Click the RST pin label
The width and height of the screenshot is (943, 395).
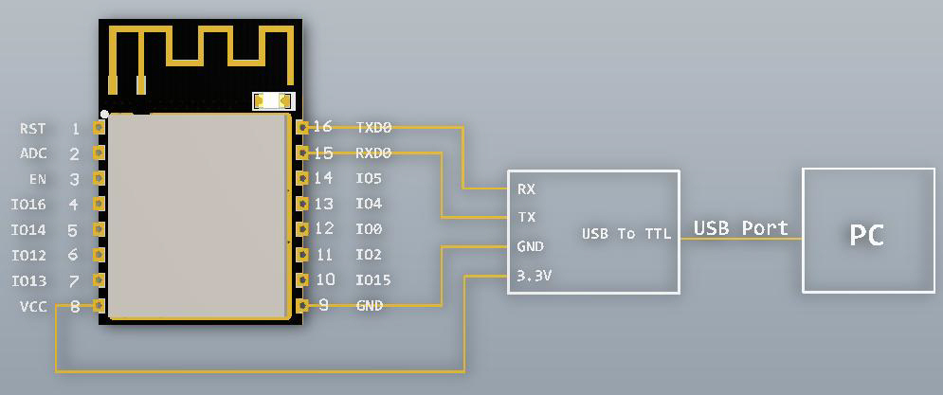pyautogui.click(x=32, y=128)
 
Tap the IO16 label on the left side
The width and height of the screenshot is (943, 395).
pyautogui.click(x=28, y=205)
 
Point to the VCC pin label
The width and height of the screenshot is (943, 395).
pyautogui.click(x=32, y=307)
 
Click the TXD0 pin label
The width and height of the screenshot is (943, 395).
pyautogui.click(x=373, y=127)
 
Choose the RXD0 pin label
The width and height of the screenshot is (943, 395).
pyautogui.click(x=373, y=153)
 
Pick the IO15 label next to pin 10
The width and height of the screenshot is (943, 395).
pyautogui.click(x=373, y=280)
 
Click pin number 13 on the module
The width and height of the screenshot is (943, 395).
pyautogui.click(x=323, y=204)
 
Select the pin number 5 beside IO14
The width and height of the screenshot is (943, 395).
pyautogui.click(x=73, y=230)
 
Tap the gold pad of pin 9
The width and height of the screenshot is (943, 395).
pyautogui.click(x=302, y=305)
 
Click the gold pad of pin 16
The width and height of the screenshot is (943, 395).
pyautogui.click(x=302, y=127)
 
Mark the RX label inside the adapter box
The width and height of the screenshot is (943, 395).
pyautogui.click(x=526, y=189)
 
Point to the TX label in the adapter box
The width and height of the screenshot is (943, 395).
pyautogui.click(x=526, y=217)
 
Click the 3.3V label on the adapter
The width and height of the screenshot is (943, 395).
pyautogui.click(x=534, y=276)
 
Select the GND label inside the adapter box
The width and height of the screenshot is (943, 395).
pyautogui.click(x=530, y=246)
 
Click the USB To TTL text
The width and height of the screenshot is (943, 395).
pyautogui.click(x=626, y=233)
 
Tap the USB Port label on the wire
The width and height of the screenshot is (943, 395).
pyautogui.click(x=740, y=228)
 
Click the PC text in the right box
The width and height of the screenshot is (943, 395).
pyautogui.click(x=866, y=234)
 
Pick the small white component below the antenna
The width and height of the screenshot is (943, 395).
pyautogui.click(x=274, y=100)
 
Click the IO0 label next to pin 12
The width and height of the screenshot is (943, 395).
pyautogui.click(x=369, y=229)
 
